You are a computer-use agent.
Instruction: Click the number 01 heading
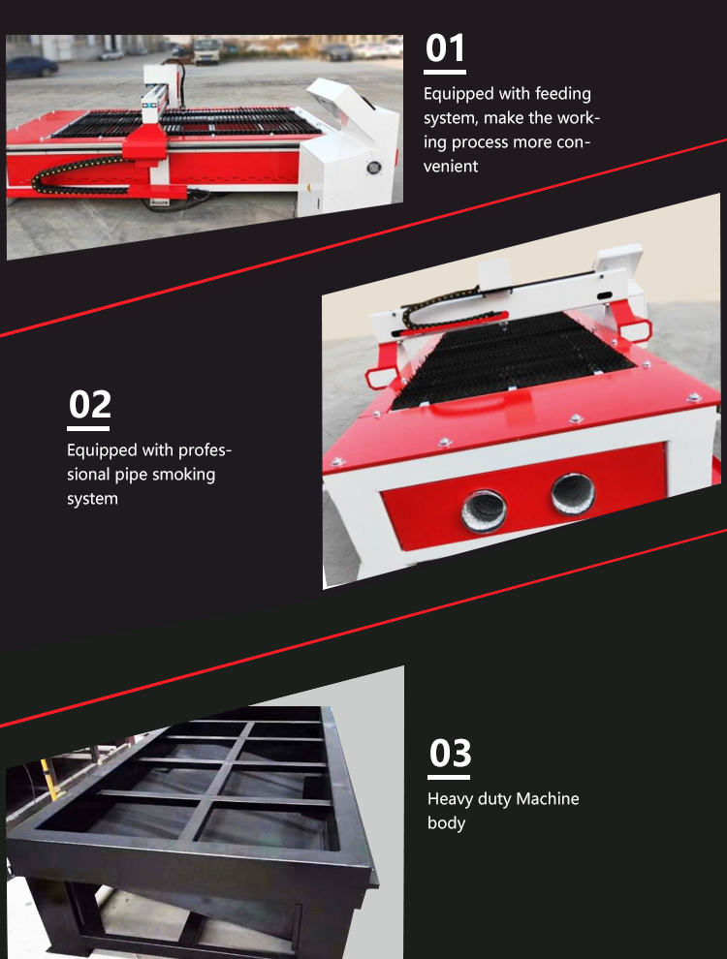445,48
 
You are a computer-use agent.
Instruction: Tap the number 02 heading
89,404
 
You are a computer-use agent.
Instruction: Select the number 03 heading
450,753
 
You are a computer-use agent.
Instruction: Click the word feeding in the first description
563,94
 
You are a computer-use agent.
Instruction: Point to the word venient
451,167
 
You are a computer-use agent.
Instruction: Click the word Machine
548,799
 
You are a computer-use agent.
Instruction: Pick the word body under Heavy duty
446,823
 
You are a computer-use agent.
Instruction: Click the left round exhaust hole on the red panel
484,510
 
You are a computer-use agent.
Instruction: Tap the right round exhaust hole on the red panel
573,494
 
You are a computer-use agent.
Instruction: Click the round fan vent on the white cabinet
374,167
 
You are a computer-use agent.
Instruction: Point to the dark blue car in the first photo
32,66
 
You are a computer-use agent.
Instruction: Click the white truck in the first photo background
206,50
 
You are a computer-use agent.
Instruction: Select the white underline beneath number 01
445,73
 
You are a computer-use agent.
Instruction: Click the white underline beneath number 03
449,777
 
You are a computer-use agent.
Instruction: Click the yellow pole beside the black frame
50,779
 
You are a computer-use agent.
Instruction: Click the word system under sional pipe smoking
92,499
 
